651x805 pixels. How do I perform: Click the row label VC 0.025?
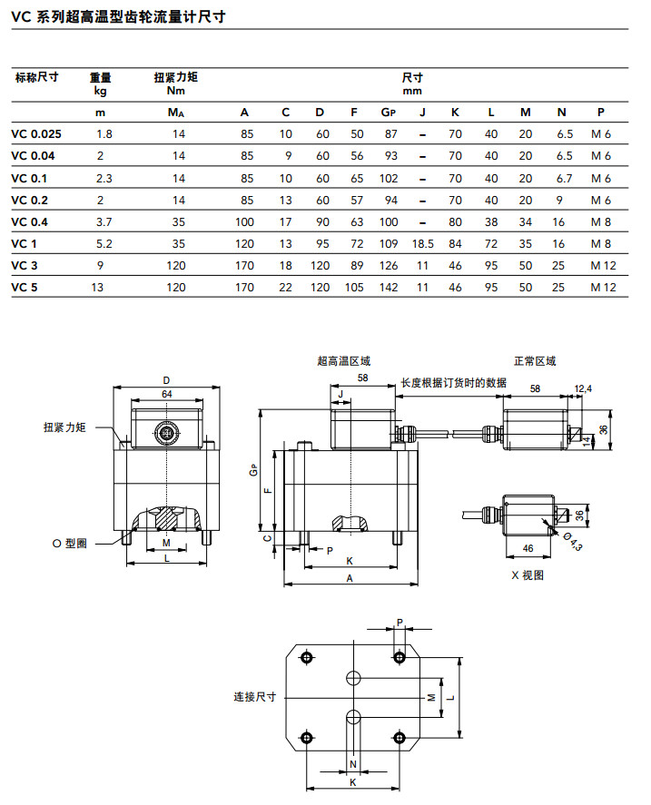pyautogui.click(x=37, y=134)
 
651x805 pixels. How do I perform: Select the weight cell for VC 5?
pyautogui.click(x=101, y=288)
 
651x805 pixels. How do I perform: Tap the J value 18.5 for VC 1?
pyautogui.click(x=422, y=244)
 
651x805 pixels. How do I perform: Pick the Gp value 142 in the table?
pyautogui.click(x=389, y=288)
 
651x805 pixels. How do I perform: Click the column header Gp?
pyautogui.click(x=389, y=113)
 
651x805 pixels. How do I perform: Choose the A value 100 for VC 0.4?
pyautogui.click(x=245, y=222)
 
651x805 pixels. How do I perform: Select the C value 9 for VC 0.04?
pyautogui.click(x=287, y=156)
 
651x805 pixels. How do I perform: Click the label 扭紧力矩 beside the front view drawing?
pyautogui.click(x=64, y=427)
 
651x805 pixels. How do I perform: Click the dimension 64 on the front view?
pyautogui.click(x=166, y=393)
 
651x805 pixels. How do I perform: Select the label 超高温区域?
pyautogui.click(x=343, y=361)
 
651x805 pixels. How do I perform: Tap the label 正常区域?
pyautogui.click(x=534, y=361)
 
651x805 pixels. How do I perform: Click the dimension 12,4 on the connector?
pyautogui.click(x=583, y=388)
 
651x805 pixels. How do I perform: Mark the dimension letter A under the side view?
pyautogui.click(x=350, y=578)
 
